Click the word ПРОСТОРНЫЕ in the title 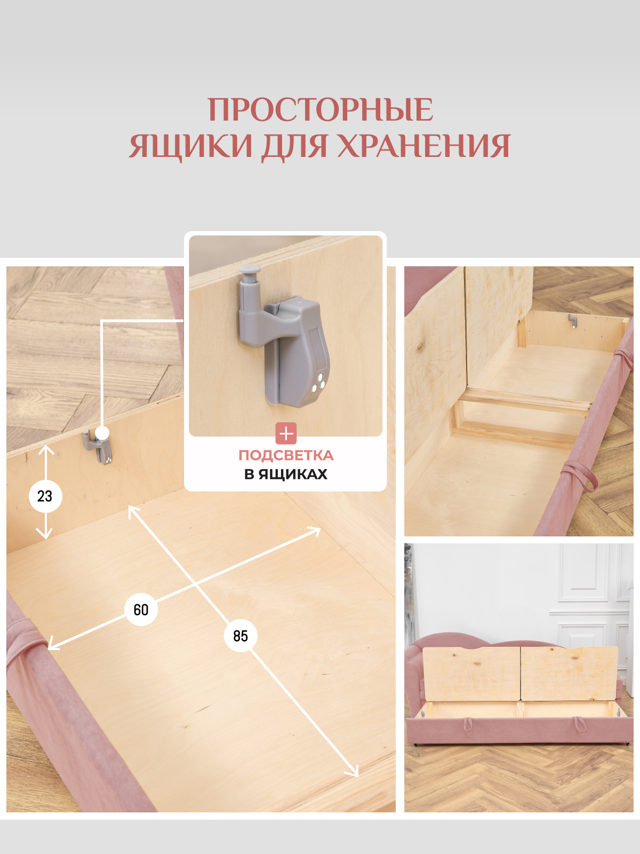click(x=320, y=109)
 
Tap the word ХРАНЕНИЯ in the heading click(x=424, y=146)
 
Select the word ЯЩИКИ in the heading click(x=191, y=146)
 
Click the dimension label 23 click(x=45, y=496)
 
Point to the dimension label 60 click(x=141, y=610)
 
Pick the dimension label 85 click(x=241, y=636)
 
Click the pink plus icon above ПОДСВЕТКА click(x=286, y=433)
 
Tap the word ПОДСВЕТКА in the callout click(x=286, y=455)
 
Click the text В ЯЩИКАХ click(x=286, y=474)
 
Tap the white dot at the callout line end click(x=102, y=433)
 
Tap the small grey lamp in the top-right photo click(x=572, y=321)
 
